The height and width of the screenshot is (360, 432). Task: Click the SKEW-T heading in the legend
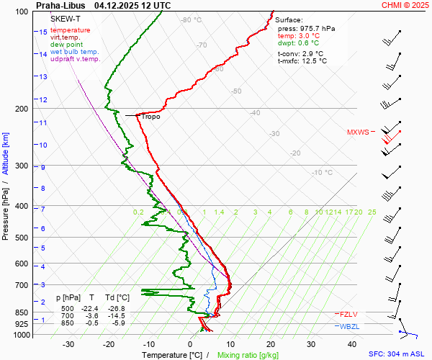(65, 19)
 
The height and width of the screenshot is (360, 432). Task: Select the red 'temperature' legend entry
(71, 30)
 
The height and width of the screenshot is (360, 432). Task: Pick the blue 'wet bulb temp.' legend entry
(75, 52)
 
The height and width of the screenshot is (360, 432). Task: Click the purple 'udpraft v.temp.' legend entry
(76, 59)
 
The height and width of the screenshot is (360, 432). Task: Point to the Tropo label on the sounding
(150, 116)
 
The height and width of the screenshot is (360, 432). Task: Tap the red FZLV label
(348, 314)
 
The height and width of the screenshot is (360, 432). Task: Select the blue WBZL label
(350, 327)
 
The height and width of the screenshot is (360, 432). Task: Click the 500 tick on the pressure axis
(21, 238)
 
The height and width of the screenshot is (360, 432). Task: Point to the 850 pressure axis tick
(21, 313)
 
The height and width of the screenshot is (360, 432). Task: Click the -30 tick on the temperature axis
(69, 344)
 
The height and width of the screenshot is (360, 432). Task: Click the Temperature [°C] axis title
(173, 355)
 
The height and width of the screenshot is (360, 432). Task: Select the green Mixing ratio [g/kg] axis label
(248, 355)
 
